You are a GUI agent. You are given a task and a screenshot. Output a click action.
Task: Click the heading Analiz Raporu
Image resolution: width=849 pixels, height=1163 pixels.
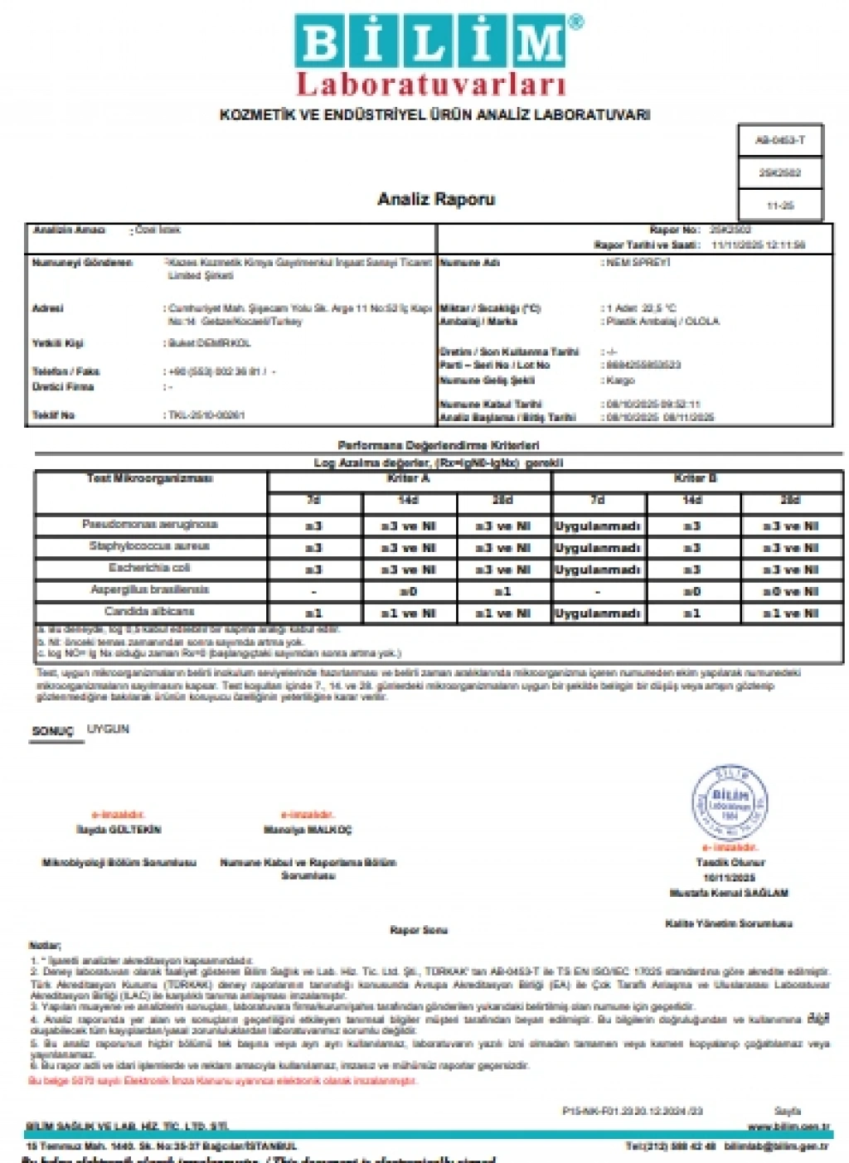[436, 199]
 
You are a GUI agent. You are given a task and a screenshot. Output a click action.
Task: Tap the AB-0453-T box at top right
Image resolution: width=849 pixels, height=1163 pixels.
[779, 140]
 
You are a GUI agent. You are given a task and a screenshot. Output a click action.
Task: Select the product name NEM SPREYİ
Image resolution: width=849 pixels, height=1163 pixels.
[639, 263]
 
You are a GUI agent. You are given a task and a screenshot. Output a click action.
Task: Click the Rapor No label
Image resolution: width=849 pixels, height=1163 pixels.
[675, 230]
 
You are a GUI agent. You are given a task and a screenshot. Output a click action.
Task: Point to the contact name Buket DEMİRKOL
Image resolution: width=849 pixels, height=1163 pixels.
[210, 343]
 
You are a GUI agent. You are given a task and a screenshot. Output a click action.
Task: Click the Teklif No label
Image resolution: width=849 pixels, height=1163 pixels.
[53, 414]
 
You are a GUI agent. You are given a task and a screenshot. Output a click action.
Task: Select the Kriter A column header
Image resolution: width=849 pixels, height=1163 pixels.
[408, 479]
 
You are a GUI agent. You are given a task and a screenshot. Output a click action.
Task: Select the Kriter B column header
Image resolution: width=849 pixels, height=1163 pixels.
[695, 479]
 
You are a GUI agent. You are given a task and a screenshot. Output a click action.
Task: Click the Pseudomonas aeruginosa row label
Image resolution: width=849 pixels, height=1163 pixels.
[150, 525]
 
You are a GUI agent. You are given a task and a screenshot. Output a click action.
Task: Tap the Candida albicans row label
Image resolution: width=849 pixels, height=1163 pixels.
[150, 612]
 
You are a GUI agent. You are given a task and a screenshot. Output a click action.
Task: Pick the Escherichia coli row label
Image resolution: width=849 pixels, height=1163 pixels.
[150, 568]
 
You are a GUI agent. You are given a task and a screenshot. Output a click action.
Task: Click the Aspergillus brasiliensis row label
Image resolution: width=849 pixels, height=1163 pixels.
[150, 590]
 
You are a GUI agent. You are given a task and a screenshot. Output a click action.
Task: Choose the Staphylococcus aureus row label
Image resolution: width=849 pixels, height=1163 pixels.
[150, 546]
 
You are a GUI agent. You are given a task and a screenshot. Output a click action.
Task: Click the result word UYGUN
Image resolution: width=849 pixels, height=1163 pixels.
[109, 729]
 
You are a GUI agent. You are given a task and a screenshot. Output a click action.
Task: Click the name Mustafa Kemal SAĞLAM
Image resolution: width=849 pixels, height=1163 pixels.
[729, 893]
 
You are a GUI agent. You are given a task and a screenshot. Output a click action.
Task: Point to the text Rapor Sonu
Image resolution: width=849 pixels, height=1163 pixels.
[419, 930]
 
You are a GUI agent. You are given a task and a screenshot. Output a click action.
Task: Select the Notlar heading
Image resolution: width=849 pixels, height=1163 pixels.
[45, 945]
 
